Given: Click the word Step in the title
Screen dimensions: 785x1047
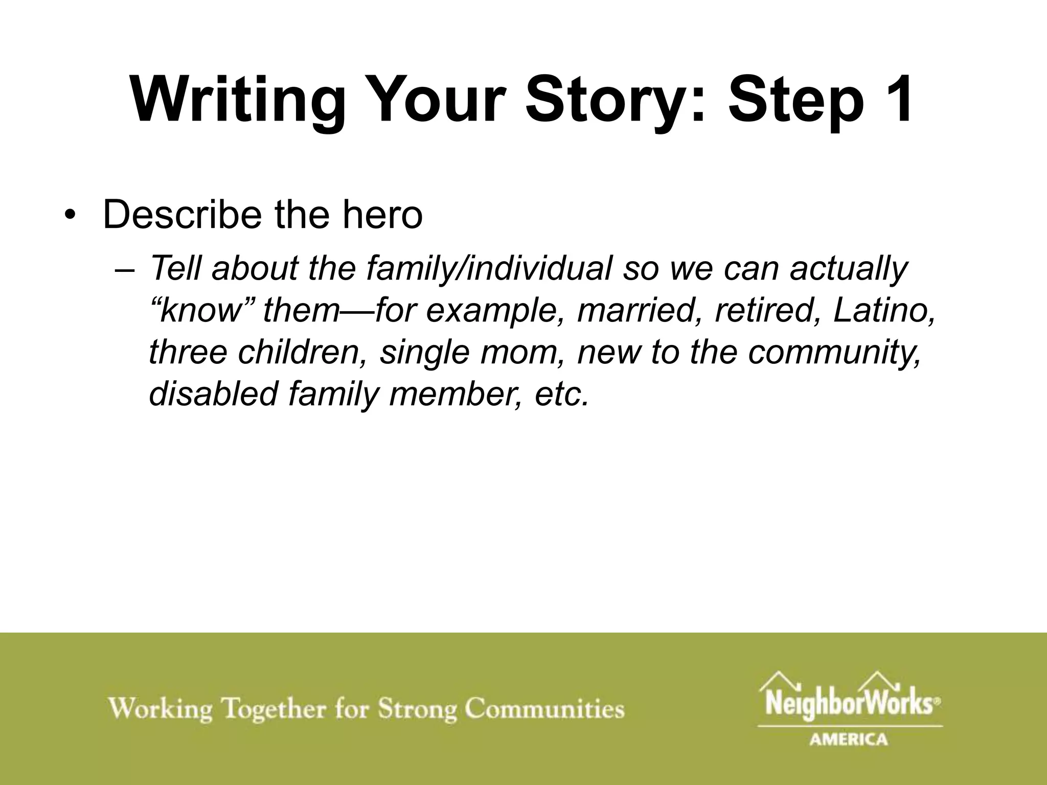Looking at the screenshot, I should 795,100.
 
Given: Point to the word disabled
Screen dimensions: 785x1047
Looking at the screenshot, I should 213,394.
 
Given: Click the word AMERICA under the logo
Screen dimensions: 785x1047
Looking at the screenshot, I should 849,739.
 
